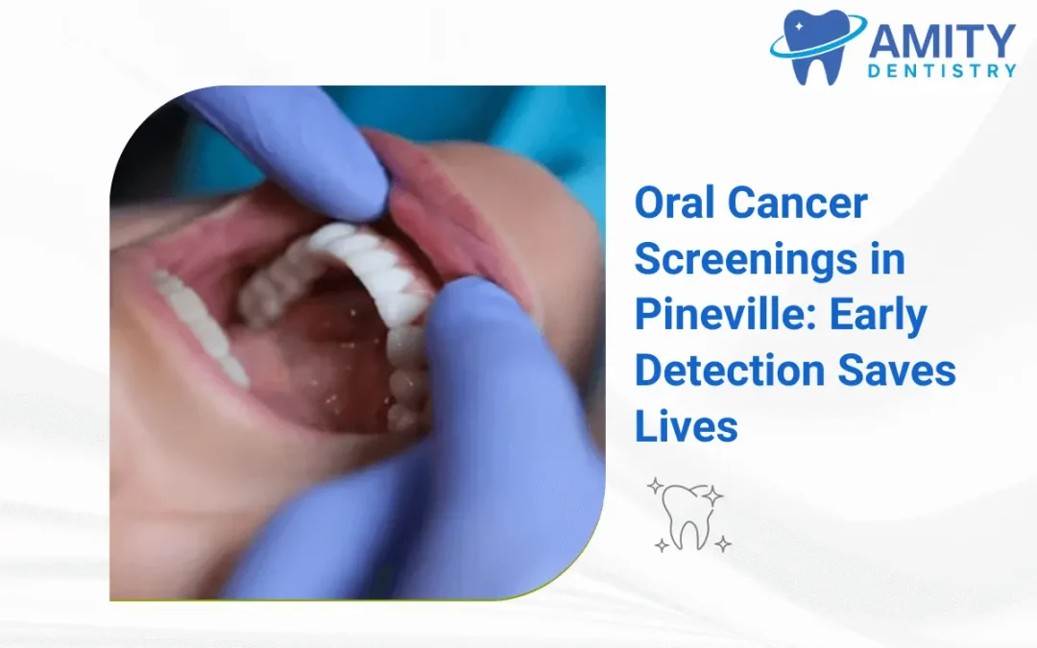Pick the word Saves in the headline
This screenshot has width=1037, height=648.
(x=896, y=372)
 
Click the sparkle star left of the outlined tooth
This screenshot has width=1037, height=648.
(x=655, y=486)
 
